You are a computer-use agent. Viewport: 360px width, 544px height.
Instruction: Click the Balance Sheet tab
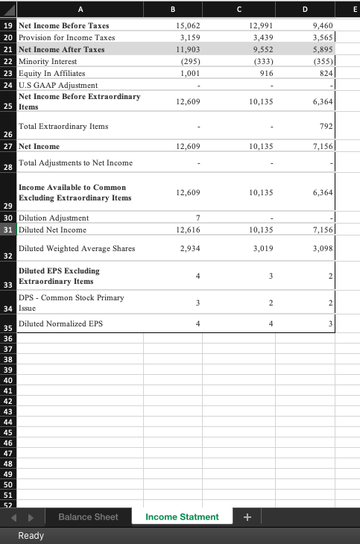pos(88,516)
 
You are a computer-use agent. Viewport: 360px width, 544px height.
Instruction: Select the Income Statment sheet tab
pos(182,516)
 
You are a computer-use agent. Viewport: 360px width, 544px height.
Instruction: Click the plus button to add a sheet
pos(247,516)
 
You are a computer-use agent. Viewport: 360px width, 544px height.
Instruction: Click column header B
pos(173,9)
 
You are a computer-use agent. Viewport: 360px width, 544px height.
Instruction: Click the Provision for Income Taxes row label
pos(66,37)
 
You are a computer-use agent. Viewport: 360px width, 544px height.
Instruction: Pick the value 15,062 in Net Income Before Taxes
pos(186,25)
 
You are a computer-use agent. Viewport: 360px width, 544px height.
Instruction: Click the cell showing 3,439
pos(258,37)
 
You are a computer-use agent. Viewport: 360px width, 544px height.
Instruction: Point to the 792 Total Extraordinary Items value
pos(325,127)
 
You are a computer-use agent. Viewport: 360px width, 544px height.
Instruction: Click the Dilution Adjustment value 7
pos(197,218)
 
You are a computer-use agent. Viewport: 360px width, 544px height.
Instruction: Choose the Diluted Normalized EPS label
pos(60,323)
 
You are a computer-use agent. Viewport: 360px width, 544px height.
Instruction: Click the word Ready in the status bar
pos(31,535)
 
